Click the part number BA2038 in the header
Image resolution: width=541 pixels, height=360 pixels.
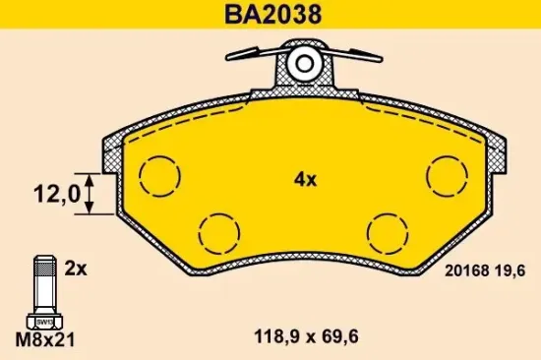coord(270,16)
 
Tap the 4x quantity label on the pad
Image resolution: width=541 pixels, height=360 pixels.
coord(304,179)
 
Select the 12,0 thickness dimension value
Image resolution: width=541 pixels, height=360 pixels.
coord(55,195)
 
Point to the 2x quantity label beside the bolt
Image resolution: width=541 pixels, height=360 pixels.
coord(76,267)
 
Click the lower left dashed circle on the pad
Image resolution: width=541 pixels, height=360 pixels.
coord(218,233)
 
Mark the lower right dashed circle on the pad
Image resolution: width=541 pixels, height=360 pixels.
coord(389,233)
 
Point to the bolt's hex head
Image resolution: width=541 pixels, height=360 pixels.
coord(44,320)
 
